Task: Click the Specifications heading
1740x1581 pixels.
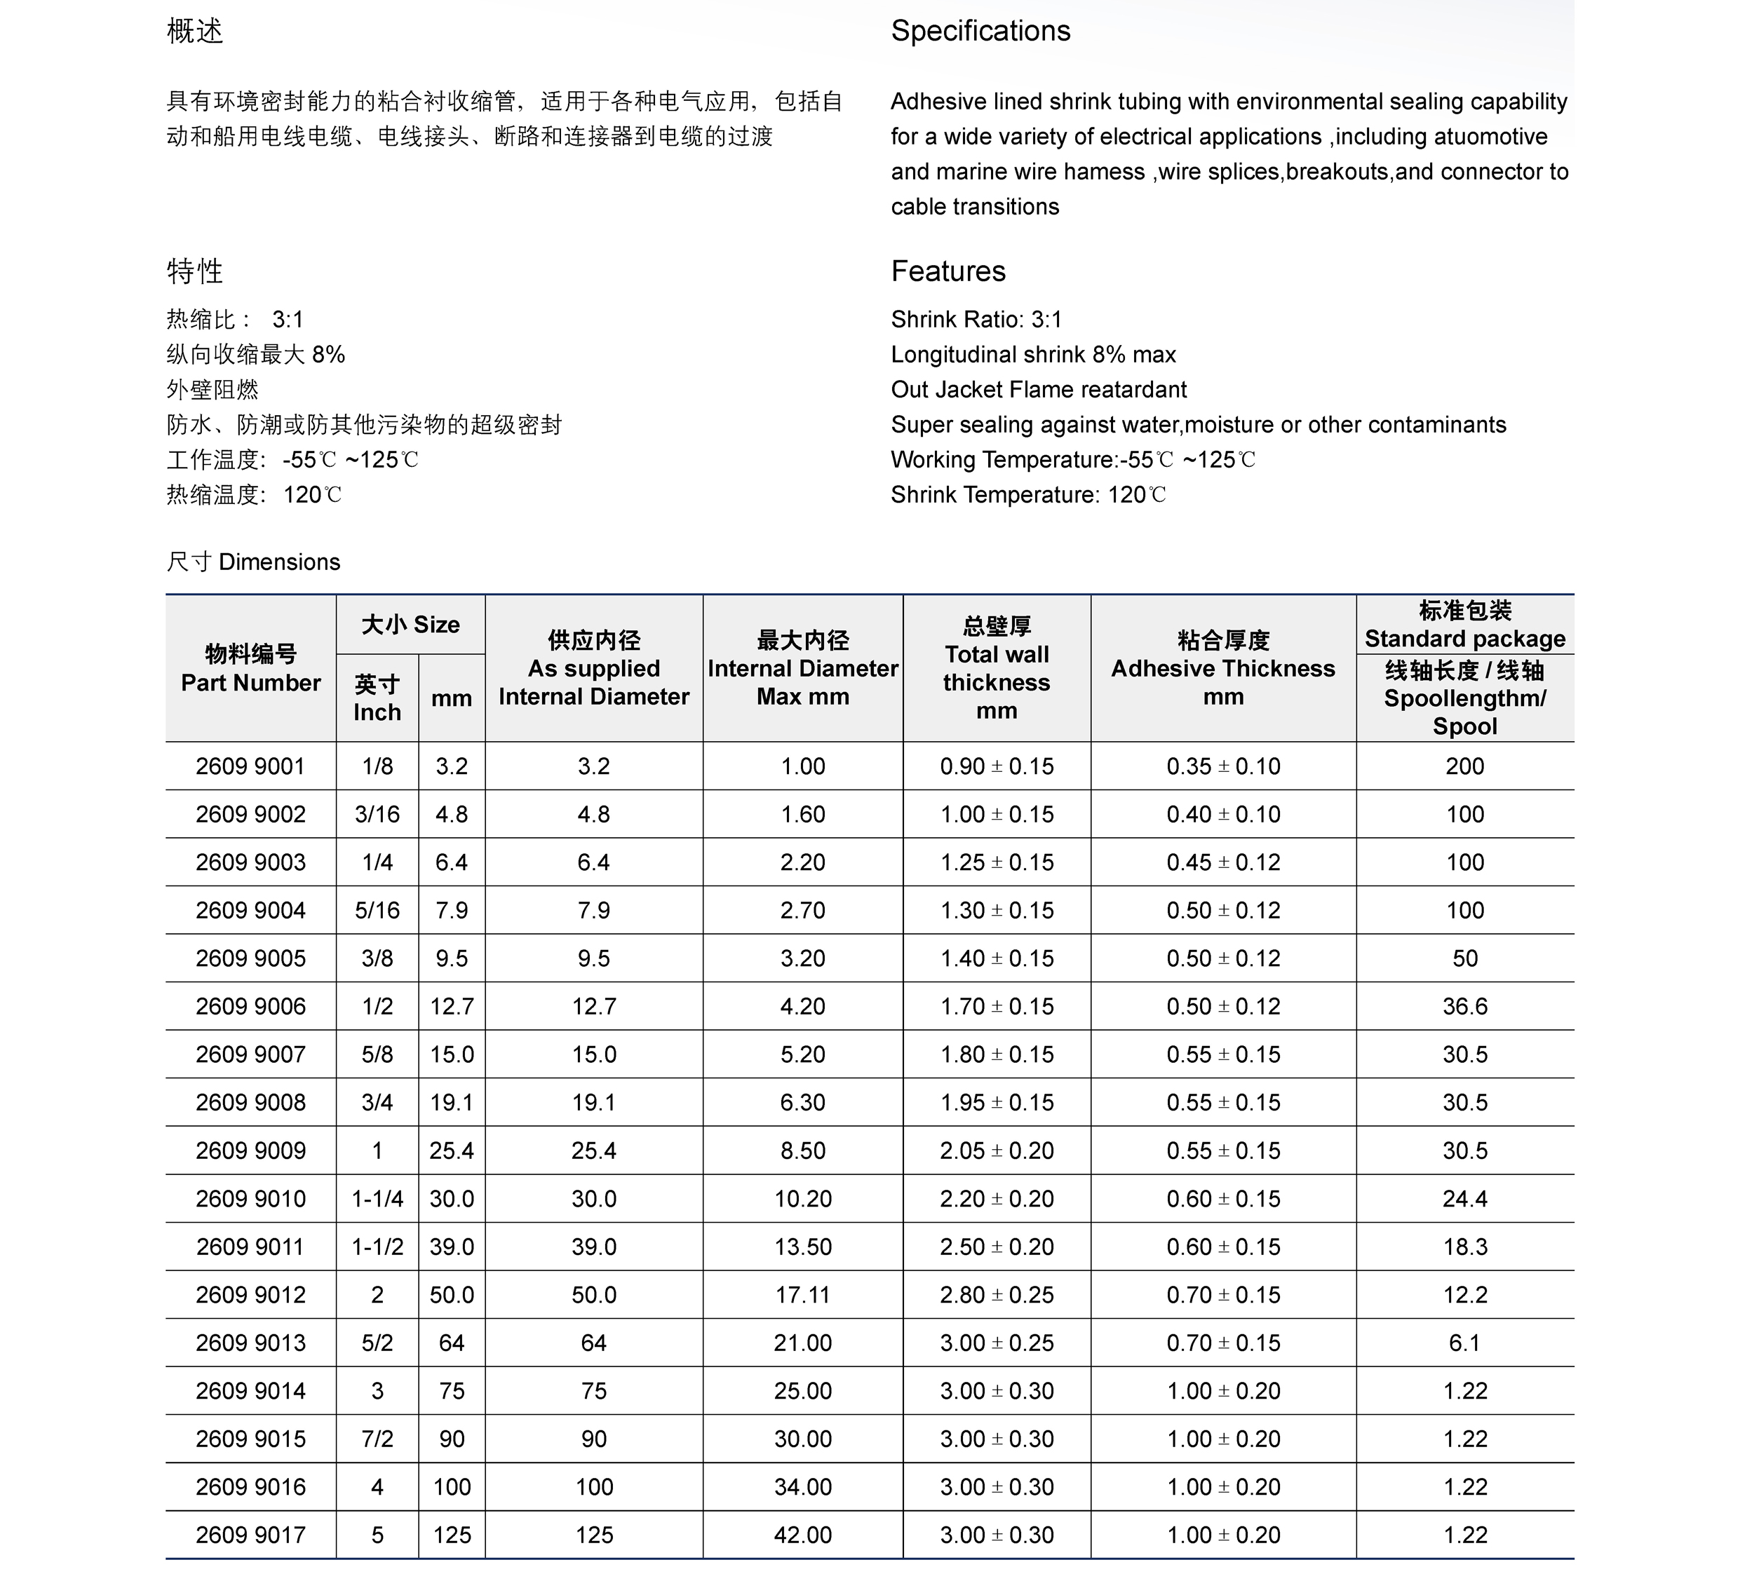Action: coord(980,31)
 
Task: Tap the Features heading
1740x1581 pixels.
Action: coord(947,271)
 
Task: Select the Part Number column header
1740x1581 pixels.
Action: coord(250,668)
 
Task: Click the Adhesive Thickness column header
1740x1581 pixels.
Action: coord(1222,668)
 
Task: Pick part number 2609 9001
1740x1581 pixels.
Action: coord(250,766)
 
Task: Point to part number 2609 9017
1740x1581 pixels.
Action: coord(250,1535)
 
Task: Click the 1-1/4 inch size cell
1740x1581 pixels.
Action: coord(377,1199)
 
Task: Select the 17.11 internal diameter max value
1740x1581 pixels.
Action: coord(803,1294)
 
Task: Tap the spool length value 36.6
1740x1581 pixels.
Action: coord(1464,1006)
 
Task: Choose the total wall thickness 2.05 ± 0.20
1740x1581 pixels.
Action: coord(997,1151)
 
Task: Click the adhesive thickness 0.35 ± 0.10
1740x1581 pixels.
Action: coord(1223,766)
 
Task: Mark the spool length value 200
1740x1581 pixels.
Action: coord(1464,766)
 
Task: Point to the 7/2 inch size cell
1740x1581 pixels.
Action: coord(377,1439)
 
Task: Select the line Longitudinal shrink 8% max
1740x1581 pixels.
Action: coord(1033,355)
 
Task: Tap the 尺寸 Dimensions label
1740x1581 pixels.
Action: coord(253,562)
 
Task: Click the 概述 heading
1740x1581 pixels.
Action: coord(194,31)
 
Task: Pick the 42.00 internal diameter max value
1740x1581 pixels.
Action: coord(803,1535)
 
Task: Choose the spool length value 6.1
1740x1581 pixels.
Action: coord(1464,1343)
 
